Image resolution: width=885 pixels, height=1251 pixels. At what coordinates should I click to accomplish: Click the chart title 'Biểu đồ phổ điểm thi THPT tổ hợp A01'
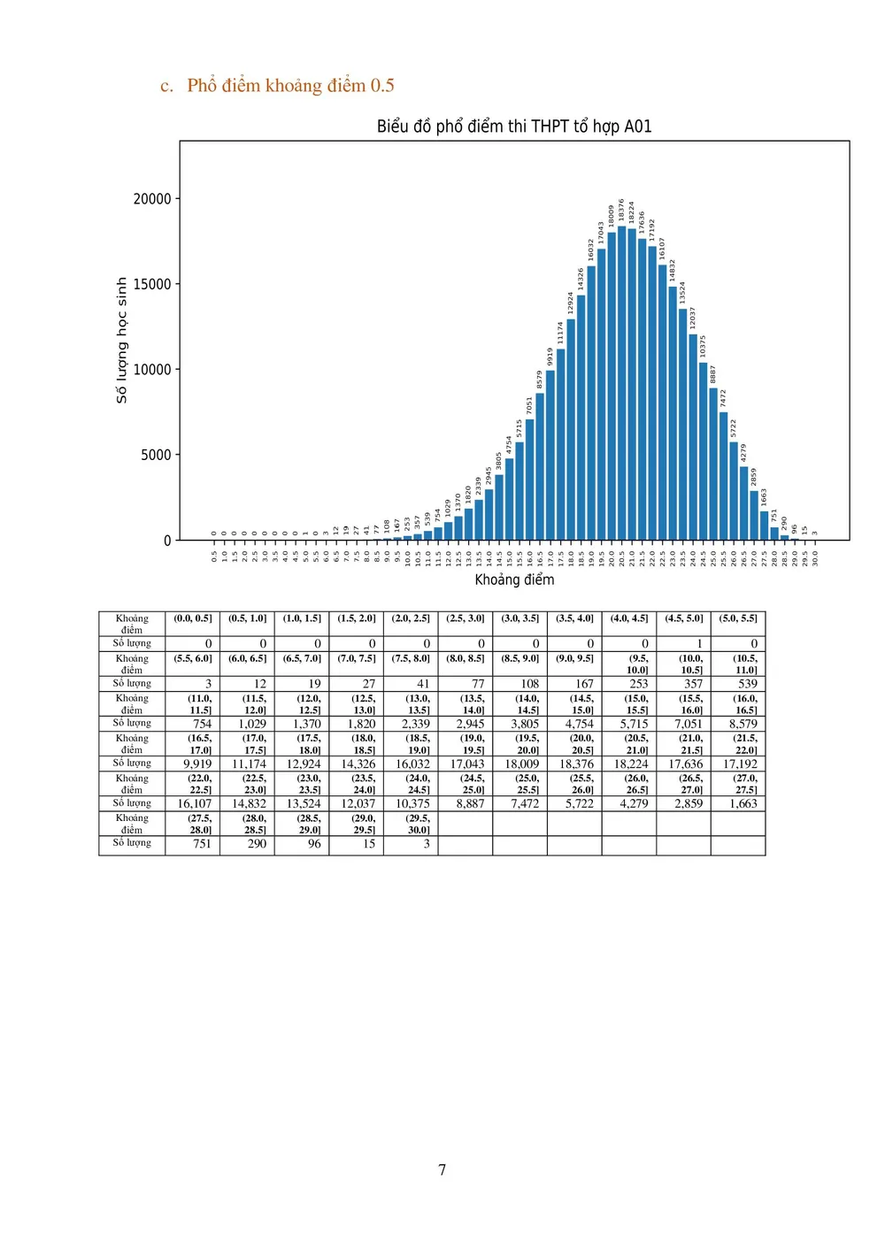514,127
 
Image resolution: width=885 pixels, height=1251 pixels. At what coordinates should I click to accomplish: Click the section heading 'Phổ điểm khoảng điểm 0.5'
290,86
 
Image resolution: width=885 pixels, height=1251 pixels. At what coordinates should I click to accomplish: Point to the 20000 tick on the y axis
152,199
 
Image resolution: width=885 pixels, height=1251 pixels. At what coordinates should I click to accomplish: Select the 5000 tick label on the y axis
156,455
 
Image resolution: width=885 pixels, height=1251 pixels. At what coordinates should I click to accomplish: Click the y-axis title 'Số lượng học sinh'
122,341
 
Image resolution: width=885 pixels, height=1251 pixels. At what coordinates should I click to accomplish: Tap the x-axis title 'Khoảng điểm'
514,579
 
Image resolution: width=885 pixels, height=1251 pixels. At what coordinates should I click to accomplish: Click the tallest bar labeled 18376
621,383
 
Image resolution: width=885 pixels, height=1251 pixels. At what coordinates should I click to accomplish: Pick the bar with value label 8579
540,466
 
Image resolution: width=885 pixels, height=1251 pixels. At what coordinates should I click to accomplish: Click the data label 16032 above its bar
590,249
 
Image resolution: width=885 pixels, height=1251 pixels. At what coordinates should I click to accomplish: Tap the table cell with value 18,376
576,764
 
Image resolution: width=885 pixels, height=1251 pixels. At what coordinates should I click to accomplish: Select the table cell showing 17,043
466,764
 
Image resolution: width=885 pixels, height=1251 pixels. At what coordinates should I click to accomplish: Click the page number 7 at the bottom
442,1170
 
